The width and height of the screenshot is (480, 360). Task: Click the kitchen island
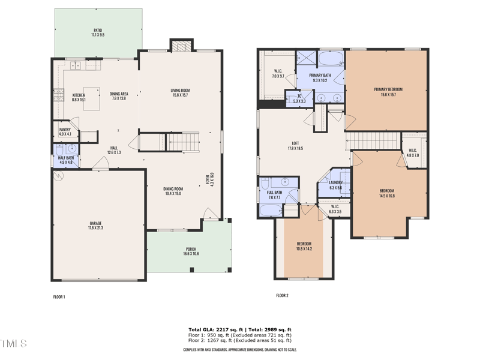(x=91, y=95)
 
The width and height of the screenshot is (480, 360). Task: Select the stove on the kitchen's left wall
(x=59, y=94)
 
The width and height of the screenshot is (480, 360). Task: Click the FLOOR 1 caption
(x=59, y=296)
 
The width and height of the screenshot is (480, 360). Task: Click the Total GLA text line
(x=240, y=330)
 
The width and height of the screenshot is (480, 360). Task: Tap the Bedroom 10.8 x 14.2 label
(x=304, y=246)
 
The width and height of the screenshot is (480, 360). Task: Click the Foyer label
(x=210, y=179)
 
